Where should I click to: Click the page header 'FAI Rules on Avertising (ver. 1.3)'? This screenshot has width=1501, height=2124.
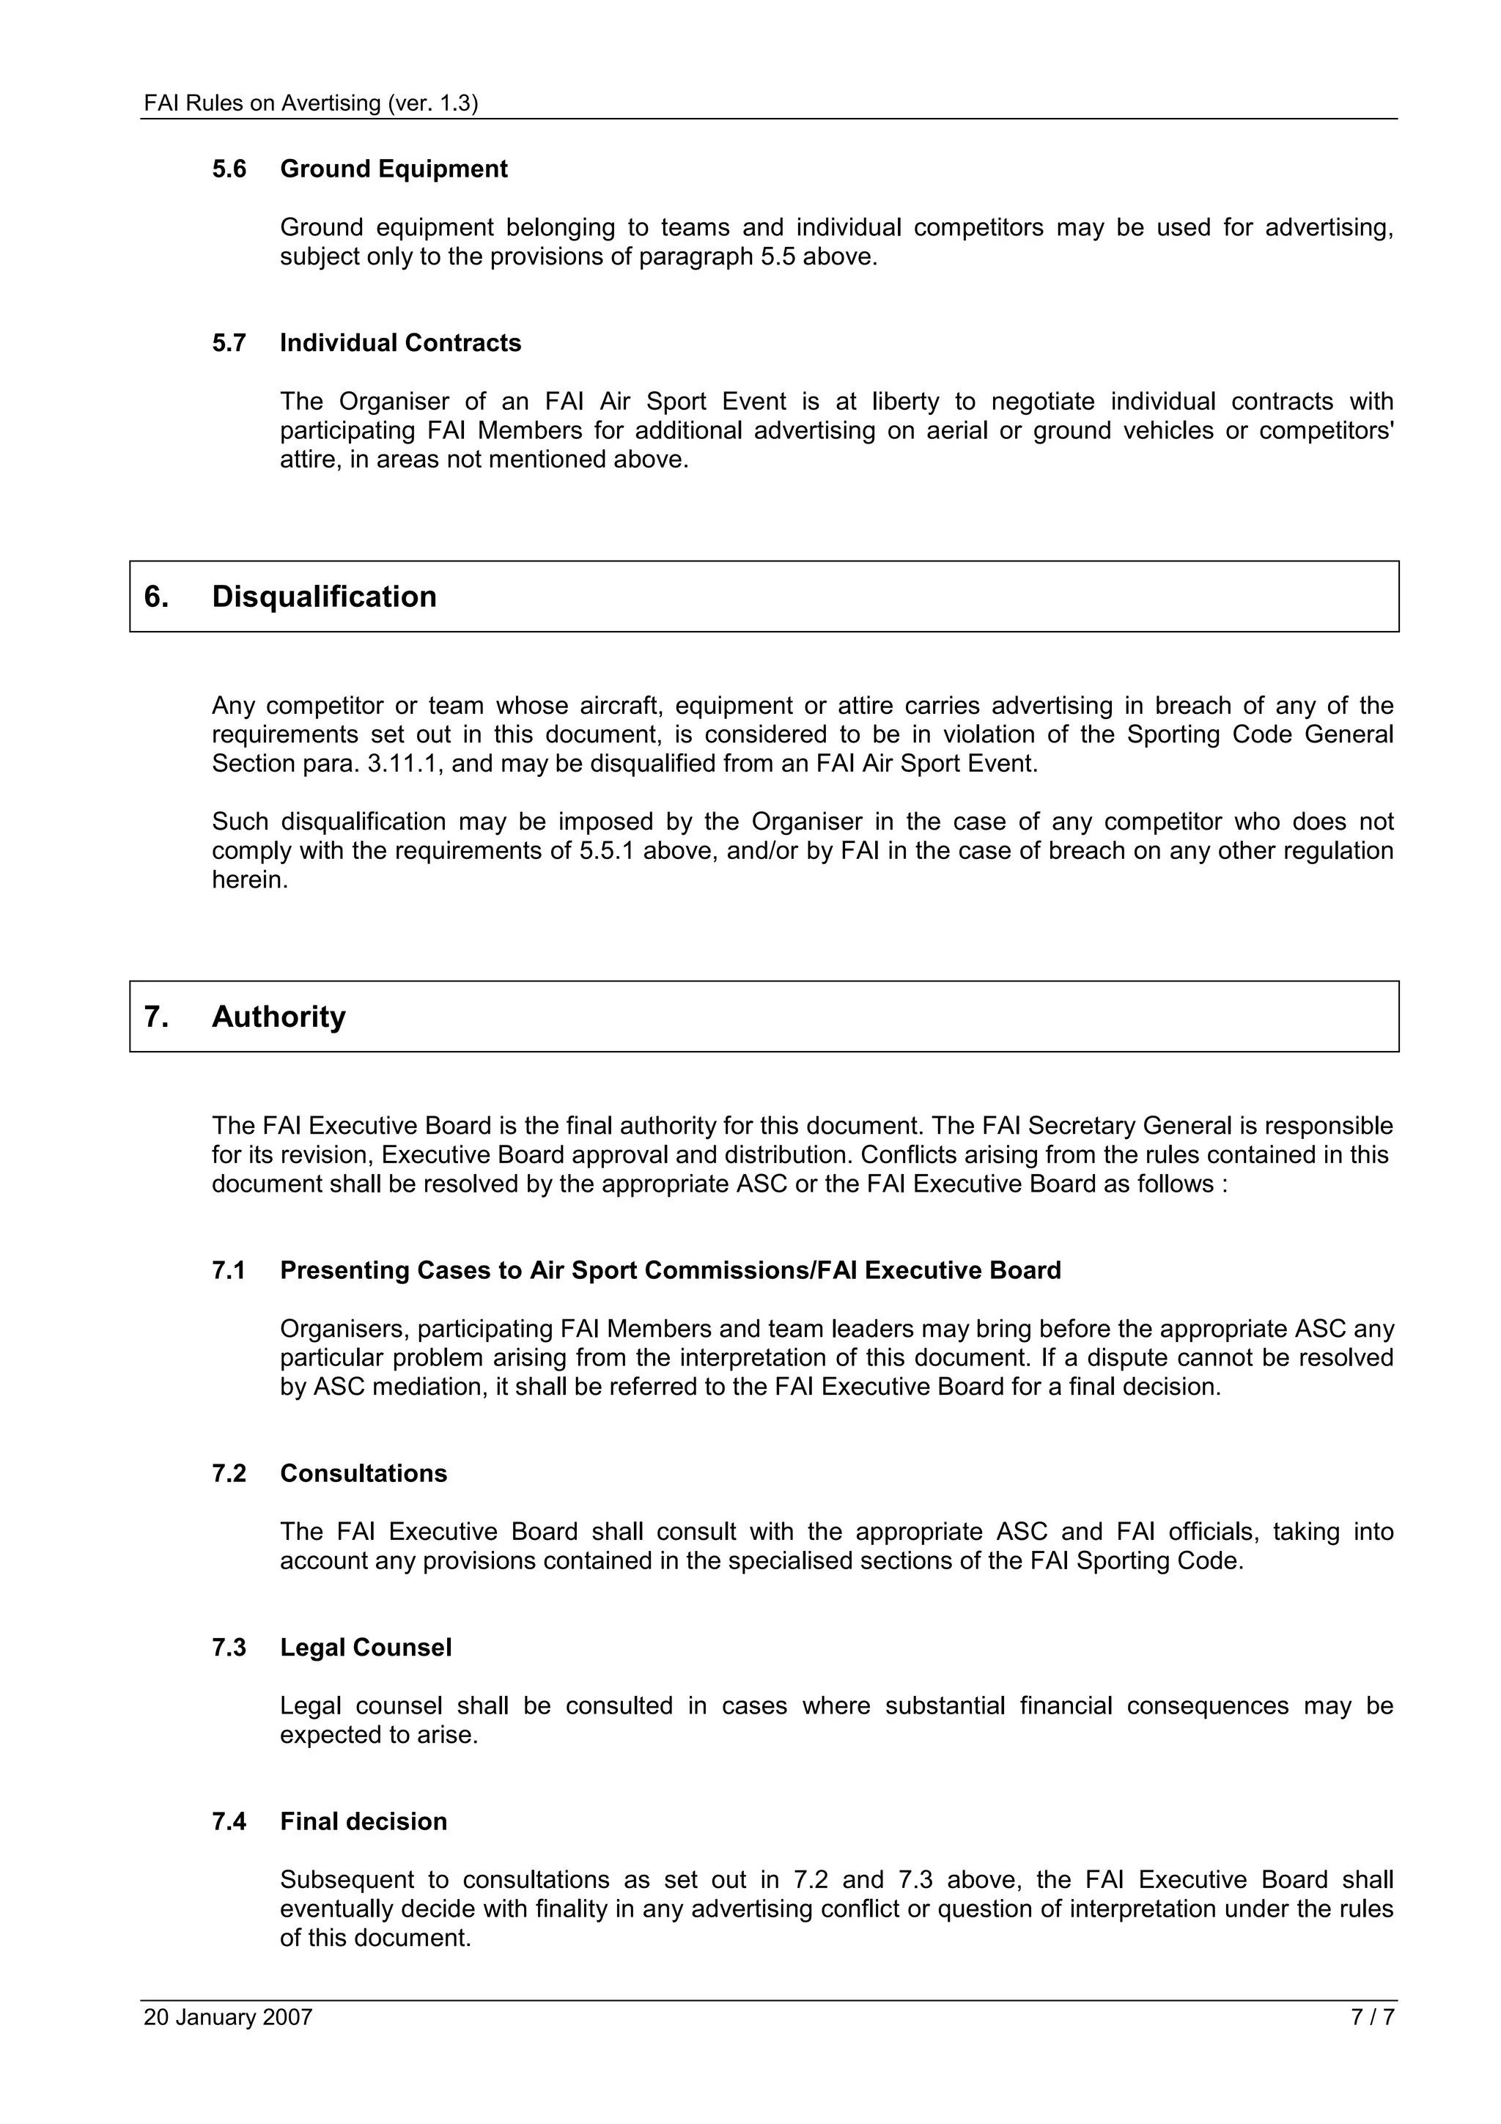click(x=311, y=103)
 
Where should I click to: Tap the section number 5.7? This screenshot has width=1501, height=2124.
click(x=229, y=343)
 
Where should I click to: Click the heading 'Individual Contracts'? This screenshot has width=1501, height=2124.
click(x=400, y=343)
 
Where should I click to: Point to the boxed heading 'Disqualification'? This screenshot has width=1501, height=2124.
click(x=324, y=597)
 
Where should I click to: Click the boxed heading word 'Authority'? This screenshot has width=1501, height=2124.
click(x=279, y=1017)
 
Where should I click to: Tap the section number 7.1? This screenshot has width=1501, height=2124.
click(x=229, y=1271)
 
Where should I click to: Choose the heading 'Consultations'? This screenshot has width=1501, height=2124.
click(x=364, y=1474)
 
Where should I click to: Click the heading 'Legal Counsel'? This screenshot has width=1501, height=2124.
click(x=365, y=1648)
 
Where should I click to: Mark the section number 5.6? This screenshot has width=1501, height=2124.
click(x=229, y=169)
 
